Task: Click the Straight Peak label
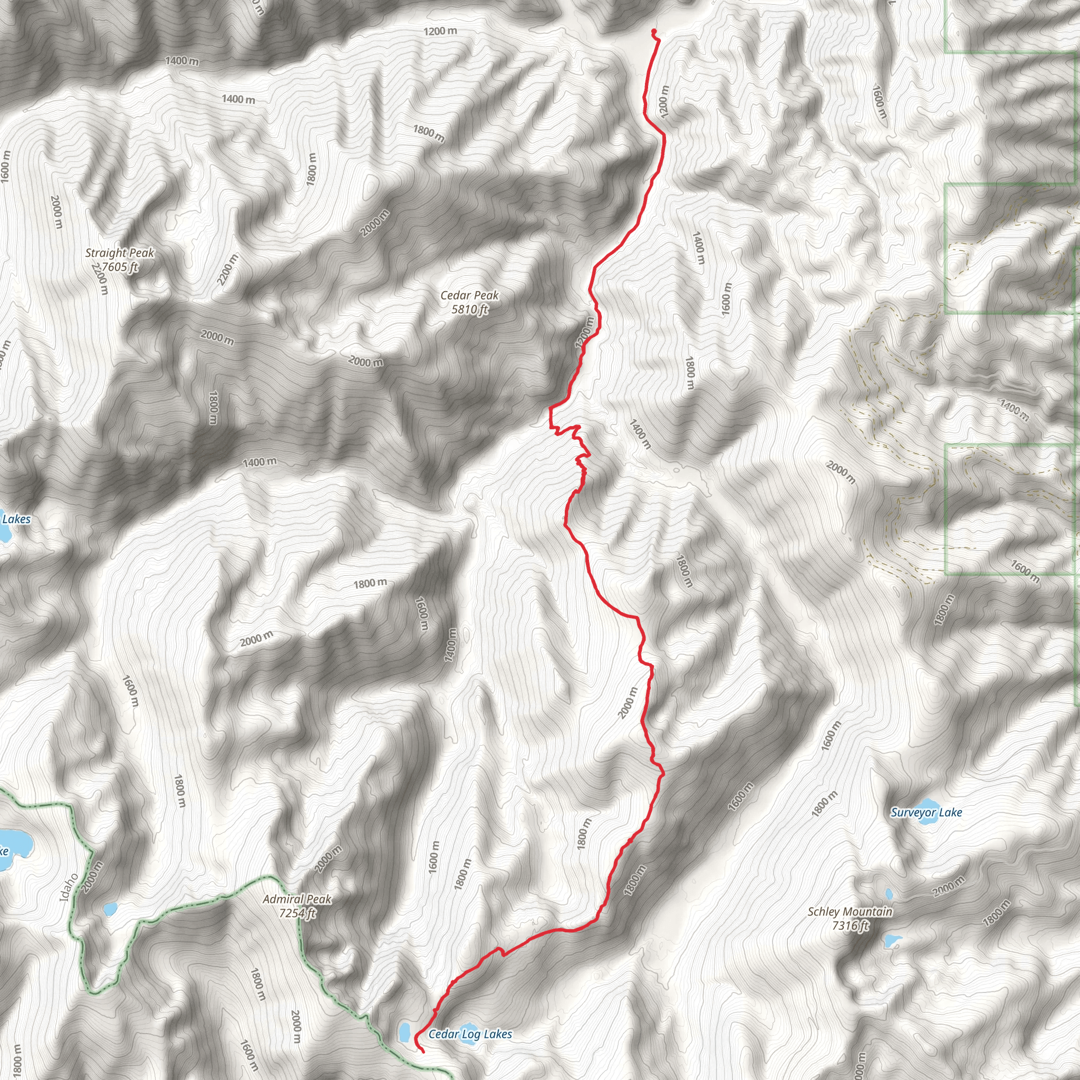pos(119,253)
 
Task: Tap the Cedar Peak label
pos(469,295)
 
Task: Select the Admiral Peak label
pos(297,899)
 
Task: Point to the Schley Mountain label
pos(850,912)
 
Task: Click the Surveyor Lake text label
pos(926,812)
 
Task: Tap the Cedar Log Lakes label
pos(470,1034)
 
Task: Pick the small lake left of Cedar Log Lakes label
pos(404,1033)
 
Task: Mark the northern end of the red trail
pos(653,31)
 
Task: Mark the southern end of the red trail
pos(422,1052)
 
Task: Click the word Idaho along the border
pos(67,887)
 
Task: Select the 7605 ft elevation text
pos(119,267)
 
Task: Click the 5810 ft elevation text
pos(469,309)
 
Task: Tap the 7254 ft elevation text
pos(297,913)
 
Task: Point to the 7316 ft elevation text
pos(850,925)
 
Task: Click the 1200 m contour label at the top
pos(440,31)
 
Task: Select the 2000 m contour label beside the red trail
pos(628,702)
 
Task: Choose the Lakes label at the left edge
pos(16,519)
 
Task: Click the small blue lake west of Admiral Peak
pos(110,909)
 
